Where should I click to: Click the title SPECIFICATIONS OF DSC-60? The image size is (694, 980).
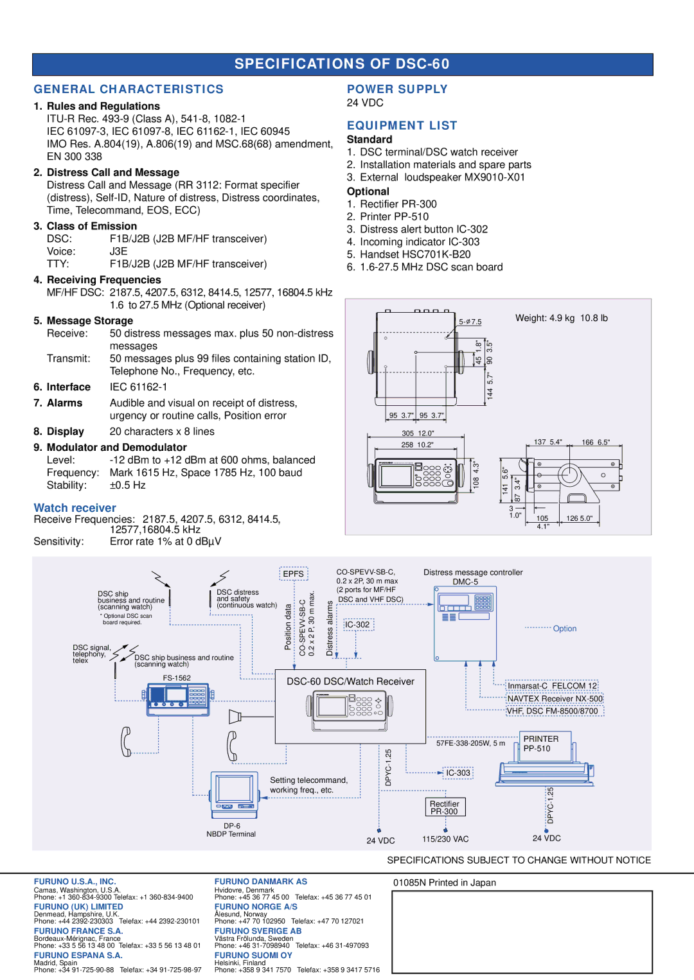point(342,64)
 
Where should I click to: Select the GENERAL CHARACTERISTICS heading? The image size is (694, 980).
point(129,89)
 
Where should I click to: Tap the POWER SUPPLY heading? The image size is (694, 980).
point(397,89)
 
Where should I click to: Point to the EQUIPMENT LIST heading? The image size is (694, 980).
point(402,126)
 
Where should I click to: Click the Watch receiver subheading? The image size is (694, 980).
point(75,508)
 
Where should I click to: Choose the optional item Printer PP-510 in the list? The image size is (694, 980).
point(394,216)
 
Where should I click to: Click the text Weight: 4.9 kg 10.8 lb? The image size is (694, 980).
point(561,318)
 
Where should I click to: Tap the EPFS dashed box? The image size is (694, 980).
point(294,573)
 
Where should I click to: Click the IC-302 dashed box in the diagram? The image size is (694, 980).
point(357,624)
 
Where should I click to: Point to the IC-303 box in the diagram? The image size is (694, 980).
point(458,773)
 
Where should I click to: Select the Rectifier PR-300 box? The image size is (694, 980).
point(445,807)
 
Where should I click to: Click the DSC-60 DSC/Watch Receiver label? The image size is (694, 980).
point(350,681)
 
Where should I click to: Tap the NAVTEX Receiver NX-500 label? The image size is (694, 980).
point(555,699)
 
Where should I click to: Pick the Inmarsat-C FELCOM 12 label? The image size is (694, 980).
point(552,686)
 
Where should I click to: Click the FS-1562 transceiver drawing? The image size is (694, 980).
point(178,697)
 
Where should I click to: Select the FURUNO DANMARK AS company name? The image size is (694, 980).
point(260,882)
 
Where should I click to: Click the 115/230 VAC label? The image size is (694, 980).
point(445,839)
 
